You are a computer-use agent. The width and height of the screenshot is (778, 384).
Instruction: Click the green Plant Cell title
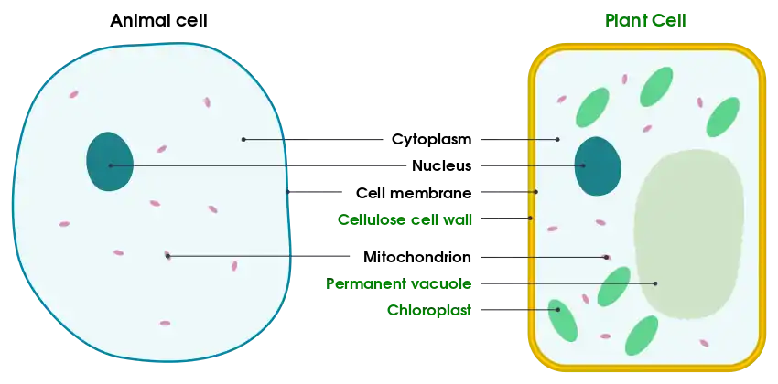coord(645,20)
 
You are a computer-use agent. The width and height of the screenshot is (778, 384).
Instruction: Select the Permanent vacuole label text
coord(398,284)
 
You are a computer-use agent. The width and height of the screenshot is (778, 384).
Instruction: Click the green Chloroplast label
coord(429,311)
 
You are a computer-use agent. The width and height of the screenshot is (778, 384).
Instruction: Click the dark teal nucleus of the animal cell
coord(109,162)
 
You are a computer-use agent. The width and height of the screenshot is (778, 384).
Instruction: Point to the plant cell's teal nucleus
coord(598,166)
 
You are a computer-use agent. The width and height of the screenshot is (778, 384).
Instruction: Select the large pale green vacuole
coord(688,233)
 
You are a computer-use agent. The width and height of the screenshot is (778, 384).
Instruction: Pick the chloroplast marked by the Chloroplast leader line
coord(562,319)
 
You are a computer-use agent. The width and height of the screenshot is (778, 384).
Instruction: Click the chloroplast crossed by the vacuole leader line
coord(613,286)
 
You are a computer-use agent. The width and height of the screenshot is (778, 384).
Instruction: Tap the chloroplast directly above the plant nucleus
coord(592,107)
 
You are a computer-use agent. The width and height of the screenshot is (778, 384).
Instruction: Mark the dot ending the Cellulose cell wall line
coord(530,218)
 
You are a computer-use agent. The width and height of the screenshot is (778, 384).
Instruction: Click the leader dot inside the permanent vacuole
coord(655,283)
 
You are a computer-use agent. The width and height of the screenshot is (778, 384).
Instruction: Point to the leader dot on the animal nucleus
coord(111,165)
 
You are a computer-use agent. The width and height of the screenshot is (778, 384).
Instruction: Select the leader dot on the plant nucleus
coord(582,165)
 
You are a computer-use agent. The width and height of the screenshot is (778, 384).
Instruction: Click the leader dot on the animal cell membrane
coord(288,192)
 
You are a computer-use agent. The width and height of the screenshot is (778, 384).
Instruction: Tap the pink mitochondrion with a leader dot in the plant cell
coord(605,256)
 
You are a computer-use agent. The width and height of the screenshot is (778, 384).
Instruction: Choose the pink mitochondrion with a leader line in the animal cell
coord(167,255)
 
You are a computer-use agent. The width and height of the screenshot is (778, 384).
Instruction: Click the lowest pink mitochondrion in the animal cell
coord(165,323)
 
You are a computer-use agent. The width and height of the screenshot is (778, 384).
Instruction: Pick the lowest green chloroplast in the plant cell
coord(641,336)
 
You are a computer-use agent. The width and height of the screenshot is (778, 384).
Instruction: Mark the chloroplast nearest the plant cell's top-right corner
coord(723,117)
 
